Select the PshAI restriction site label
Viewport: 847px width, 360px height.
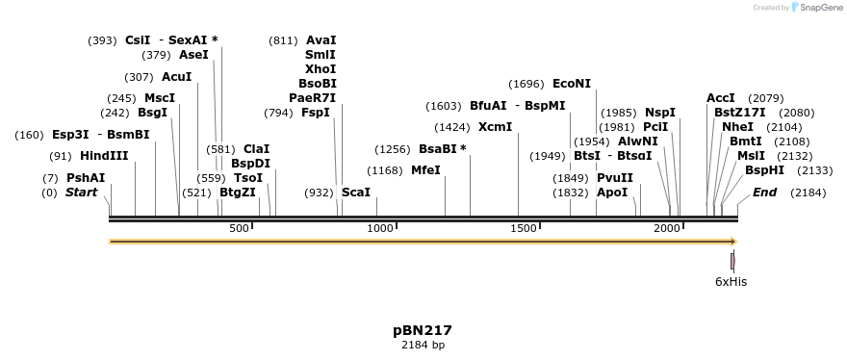86,178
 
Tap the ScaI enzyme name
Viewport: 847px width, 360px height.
356,193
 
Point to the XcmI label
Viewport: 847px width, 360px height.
495,127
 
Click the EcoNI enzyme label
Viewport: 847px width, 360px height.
572,84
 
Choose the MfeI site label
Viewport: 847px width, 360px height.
425,170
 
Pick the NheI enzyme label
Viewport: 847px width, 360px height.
738,127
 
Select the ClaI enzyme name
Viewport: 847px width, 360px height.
257,149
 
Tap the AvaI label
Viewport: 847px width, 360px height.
321,40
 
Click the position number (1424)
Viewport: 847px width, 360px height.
452,127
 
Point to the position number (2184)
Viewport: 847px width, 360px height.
808,193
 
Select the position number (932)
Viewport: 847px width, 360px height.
320,193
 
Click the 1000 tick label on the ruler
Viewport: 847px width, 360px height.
380,227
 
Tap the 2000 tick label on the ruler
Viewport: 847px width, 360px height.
667,227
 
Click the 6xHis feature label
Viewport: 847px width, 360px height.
731,282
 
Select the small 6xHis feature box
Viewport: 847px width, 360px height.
732,261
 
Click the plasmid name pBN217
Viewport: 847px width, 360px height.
423,330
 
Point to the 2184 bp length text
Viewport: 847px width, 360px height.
423,345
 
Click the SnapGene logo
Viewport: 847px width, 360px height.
816,8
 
